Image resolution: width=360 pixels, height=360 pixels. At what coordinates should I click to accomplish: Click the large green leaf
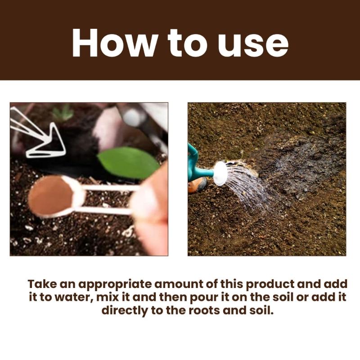pyautogui.click(x=128, y=162)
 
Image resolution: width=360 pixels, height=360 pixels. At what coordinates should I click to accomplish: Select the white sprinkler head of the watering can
pyautogui.click(x=220, y=173)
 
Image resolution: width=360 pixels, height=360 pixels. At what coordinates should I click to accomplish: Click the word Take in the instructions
pyautogui.click(x=42, y=284)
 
